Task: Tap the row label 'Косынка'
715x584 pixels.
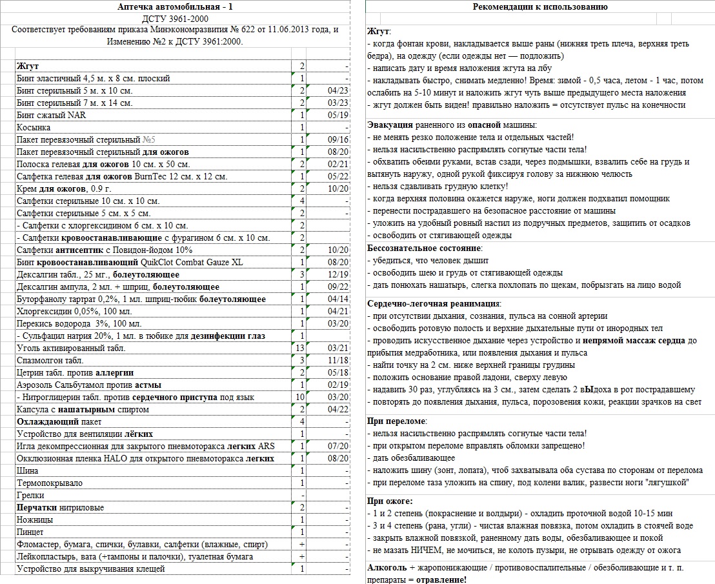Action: click(34, 127)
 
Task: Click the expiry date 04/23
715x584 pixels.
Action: click(338, 90)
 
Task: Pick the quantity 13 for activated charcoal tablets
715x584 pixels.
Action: click(299, 348)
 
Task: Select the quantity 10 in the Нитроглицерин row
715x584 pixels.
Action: click(299, 397)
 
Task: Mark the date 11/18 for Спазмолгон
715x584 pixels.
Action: click(338, 360)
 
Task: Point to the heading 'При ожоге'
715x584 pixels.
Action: click(390, 501)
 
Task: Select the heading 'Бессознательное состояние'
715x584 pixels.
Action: click(424, 248)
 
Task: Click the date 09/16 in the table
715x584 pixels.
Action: click(338, 139)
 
